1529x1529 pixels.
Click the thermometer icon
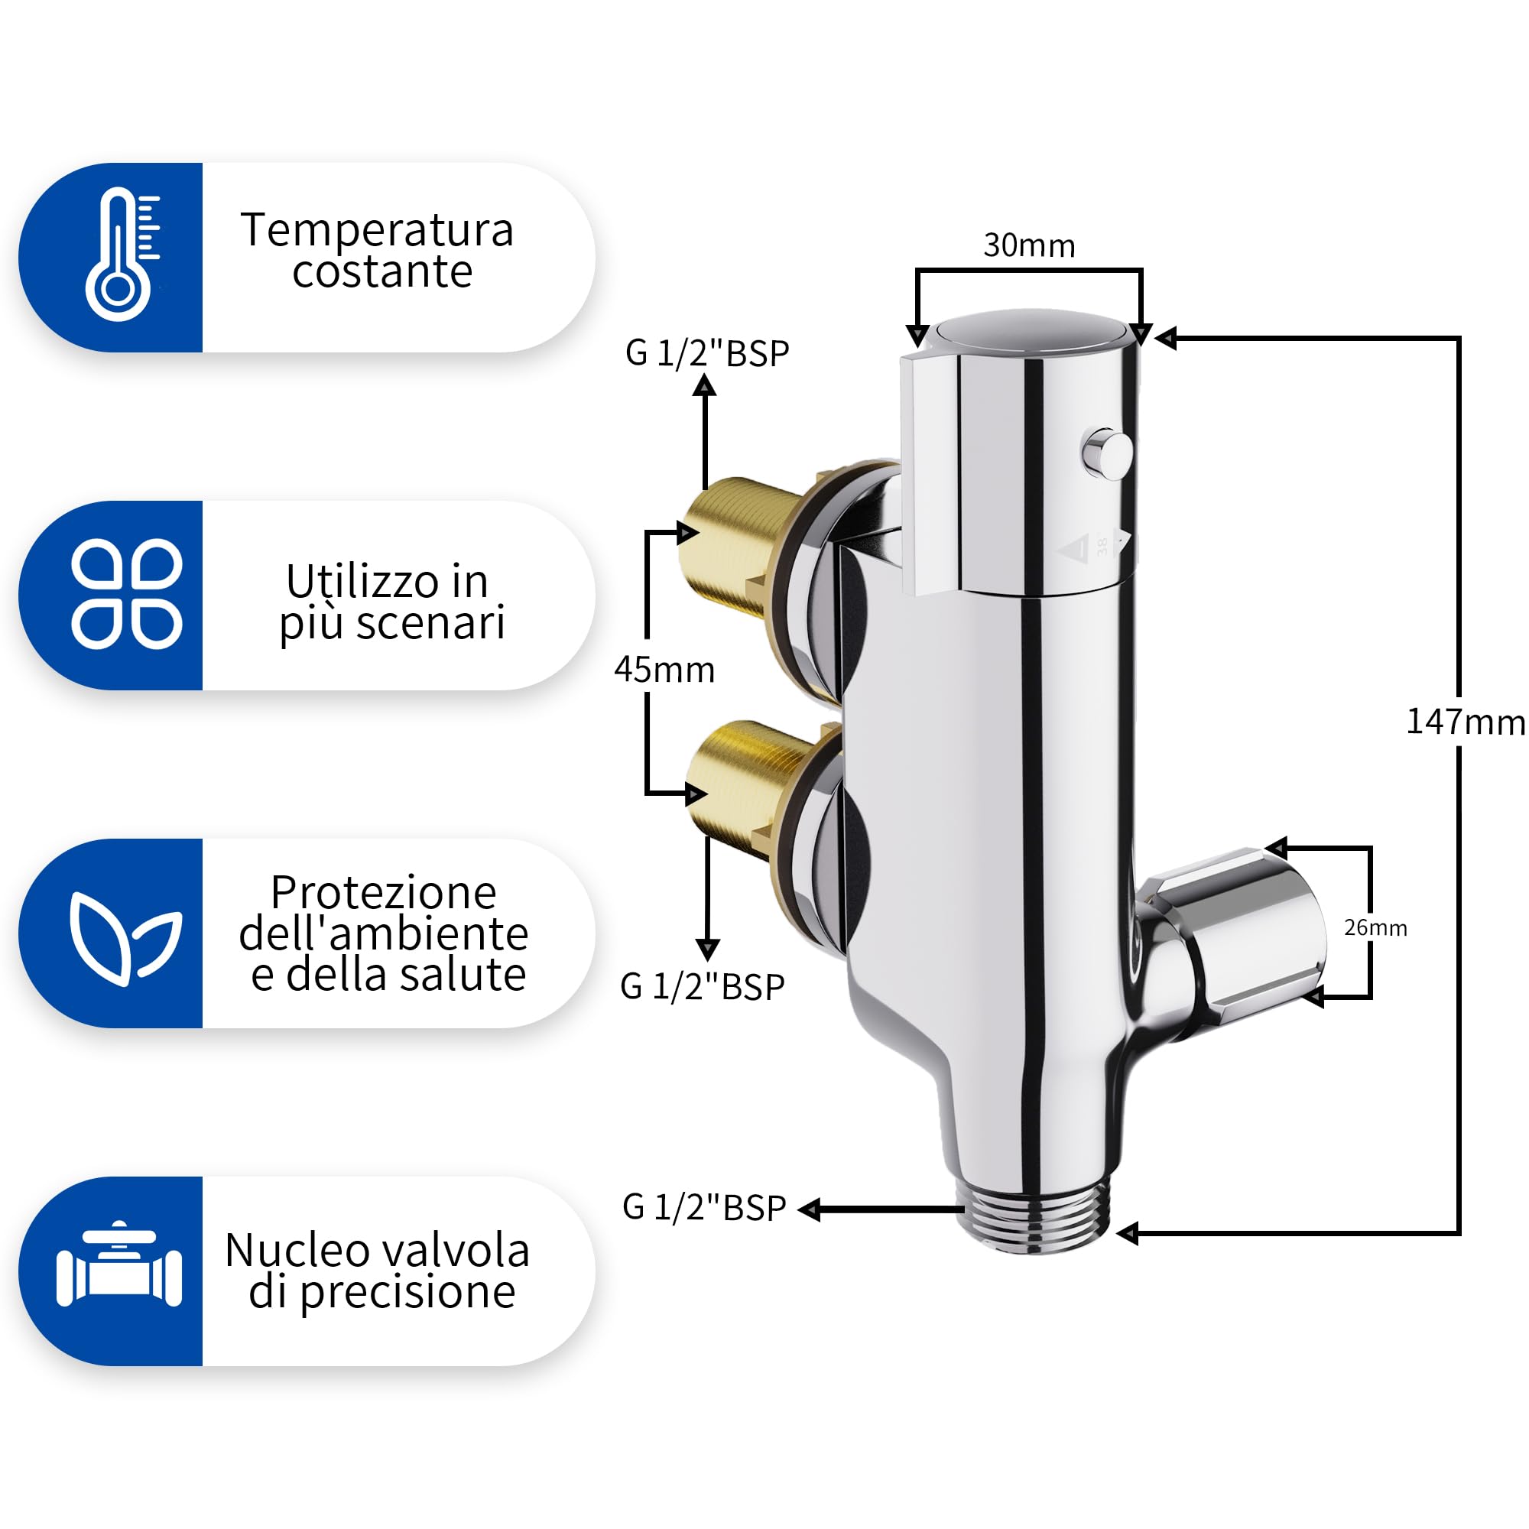point(120,254)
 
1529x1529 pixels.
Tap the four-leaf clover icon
point(127,593)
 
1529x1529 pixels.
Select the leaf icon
point(125,939)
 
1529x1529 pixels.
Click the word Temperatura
point(378,230)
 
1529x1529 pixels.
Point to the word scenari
point(430,623)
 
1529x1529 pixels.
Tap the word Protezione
point(384,893)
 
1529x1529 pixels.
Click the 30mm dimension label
point(1030,245)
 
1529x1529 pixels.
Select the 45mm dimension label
point(665,670)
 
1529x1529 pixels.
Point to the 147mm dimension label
point(1466,722)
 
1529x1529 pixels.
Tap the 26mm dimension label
point(1375,927)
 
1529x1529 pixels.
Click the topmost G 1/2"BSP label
point(707,354)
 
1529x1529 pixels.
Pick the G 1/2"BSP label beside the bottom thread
point(704,1209)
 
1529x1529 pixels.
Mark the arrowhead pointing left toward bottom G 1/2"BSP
point(809,1209)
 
